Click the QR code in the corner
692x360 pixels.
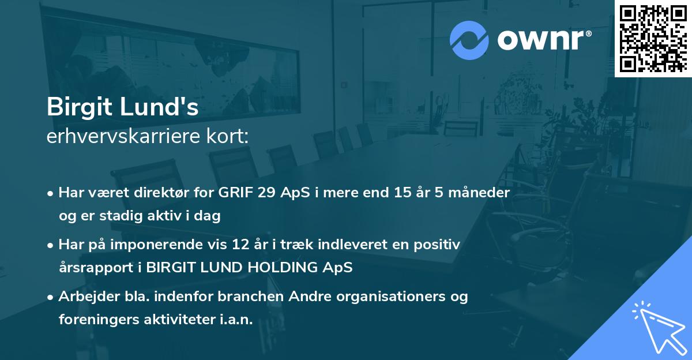(653, 38)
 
